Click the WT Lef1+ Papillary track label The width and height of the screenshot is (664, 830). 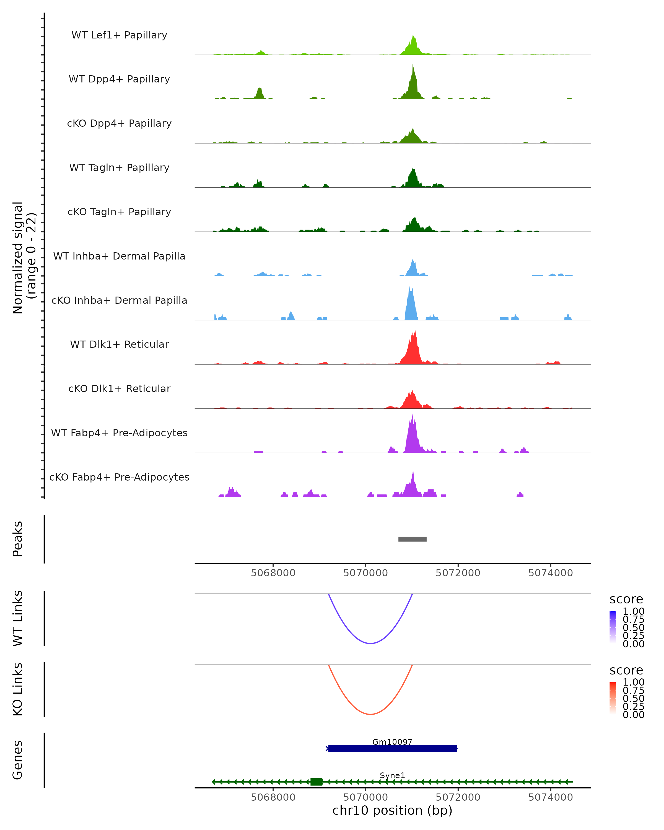[119, 35]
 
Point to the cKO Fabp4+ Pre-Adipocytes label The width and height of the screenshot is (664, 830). [119, 477]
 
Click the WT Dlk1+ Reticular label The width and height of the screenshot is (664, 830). [119, 344]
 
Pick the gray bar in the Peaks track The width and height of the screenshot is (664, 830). [412, 539]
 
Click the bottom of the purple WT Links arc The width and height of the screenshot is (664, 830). [370, 643]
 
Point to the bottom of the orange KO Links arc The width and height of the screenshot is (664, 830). [370, 714]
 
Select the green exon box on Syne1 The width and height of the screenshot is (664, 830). [317, 782]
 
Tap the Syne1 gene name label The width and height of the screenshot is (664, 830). [392, 775]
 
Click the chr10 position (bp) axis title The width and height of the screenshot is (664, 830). [392, 810]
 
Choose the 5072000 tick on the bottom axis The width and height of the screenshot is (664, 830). [458, 797]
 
